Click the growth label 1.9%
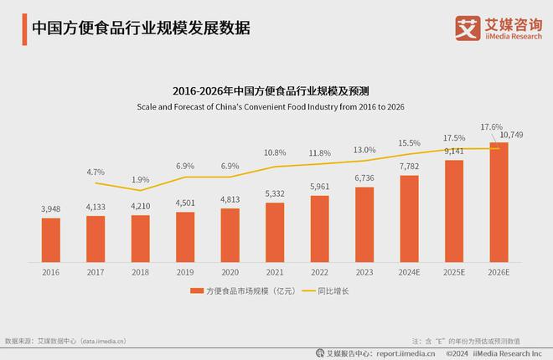tap(141, 180)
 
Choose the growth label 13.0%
tap(364, 150)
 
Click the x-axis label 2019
tap(185, 271)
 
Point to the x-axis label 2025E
tap(453, 271)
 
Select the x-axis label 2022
tap(319, 271)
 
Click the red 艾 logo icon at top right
tap(466, 27)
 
